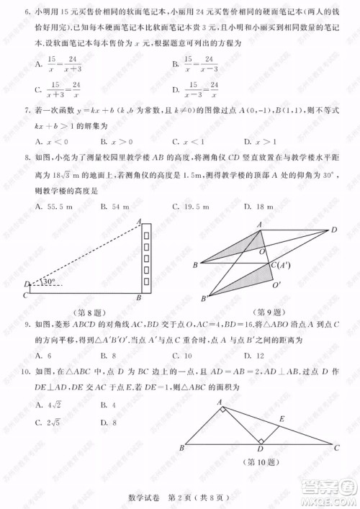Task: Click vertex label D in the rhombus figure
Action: (334, 229)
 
